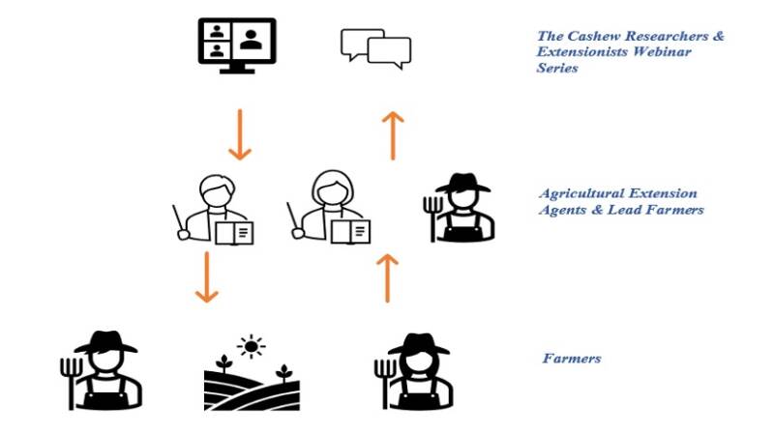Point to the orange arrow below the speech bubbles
[x=392, y=135]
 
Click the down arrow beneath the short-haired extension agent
[x=205, y=277]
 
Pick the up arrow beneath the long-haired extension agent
[x=387, y=277]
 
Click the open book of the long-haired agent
[x=350, y=231]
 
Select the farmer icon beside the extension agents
[x=462, y=206]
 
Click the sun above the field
[x=252, y=345]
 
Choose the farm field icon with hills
[x=250, y=385]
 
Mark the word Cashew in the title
[x=593, y=37]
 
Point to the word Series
[x=558, y=70]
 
